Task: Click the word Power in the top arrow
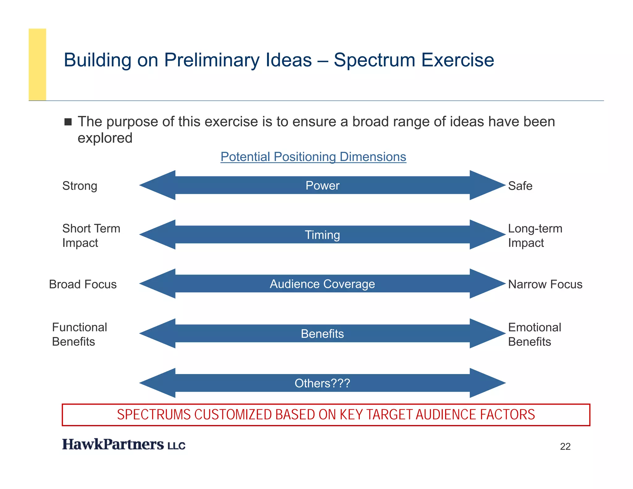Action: coord(322,185)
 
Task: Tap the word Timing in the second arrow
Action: coord(322,235)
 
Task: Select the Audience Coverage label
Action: coord(322,284)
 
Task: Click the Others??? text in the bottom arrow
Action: coord(322,383)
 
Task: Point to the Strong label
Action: coord(80,186)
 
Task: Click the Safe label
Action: coord(520,186)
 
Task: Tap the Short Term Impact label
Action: coord(91,236)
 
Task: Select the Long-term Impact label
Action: coord(535,236)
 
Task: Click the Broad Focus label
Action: coord(83,284)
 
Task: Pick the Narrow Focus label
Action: coord(545,284)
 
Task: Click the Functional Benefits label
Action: coord(79,334)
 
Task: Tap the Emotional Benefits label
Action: coord(534,334)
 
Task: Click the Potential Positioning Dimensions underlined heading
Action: coord(313,157)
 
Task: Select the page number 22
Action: coord(565,447)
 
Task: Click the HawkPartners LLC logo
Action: coord(123,444)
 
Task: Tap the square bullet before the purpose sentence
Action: coord(68,122)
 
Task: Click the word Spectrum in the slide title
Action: coord(374,60)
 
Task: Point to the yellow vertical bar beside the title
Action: coord(37,64)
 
